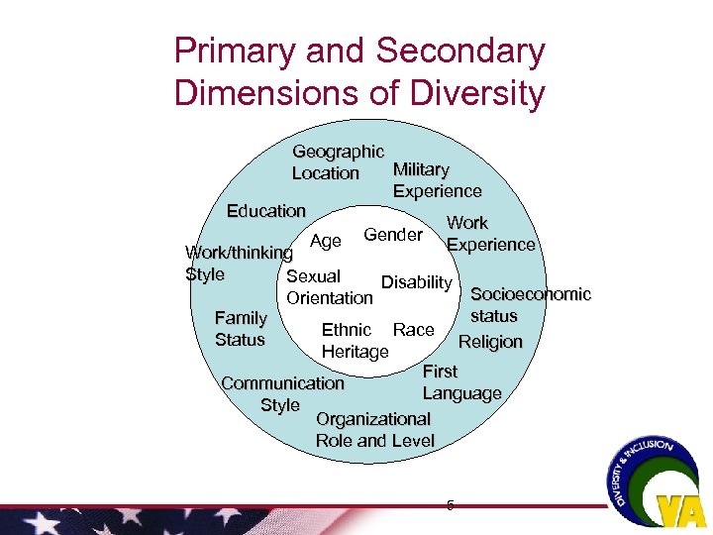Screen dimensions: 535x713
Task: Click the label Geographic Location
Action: click(337, 162)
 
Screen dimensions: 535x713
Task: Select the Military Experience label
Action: click(437, 180)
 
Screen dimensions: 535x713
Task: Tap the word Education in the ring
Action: click(265, 211)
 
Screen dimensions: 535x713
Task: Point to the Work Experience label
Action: click(490, 234)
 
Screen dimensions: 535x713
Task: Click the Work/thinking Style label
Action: click(238, 264)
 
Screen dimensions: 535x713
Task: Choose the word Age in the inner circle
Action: click(326, 241)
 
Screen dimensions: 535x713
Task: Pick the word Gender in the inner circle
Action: click(393, 235)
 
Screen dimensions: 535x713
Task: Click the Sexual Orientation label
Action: click(329, 286)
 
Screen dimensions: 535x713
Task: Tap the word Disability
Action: click(416, 282)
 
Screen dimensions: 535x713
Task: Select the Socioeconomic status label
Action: click(530, 305)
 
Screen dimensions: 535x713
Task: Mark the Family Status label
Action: click(241, 329)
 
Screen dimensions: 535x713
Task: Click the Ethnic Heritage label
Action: click(354, 340)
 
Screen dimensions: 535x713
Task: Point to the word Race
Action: click(413, 330)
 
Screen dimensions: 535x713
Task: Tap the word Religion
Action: click(490, 342)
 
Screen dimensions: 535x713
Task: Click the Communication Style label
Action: click(282, 393)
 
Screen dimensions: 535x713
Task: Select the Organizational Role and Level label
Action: click(374, 430)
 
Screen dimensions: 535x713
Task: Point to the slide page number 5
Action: click(450, 505)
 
